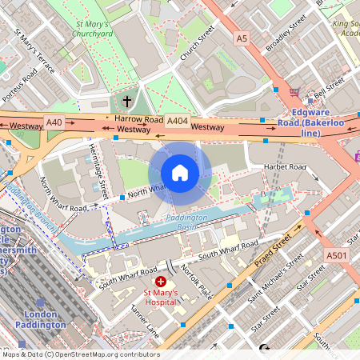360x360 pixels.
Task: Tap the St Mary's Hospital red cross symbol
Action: point(161,282)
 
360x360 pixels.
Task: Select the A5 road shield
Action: point(242,38)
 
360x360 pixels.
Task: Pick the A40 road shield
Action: point(54,122)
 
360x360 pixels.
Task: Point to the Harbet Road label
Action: point(286,166)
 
